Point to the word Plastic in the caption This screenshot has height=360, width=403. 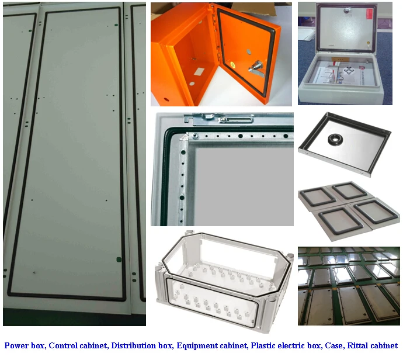click(262, 345)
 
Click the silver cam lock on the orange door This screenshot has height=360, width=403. click(256, 68)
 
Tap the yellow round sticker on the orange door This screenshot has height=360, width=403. click(232, 64)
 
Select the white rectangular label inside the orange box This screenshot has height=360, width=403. click(199, 71)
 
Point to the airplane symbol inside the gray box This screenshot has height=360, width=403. click(349, 71)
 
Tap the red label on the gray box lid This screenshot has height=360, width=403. click(370, 16)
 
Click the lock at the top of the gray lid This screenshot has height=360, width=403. click(348, 10)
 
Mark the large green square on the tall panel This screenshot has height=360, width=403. click(119, 259)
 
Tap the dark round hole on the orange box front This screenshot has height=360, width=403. click(166, 99)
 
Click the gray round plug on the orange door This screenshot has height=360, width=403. click(249, 52)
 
